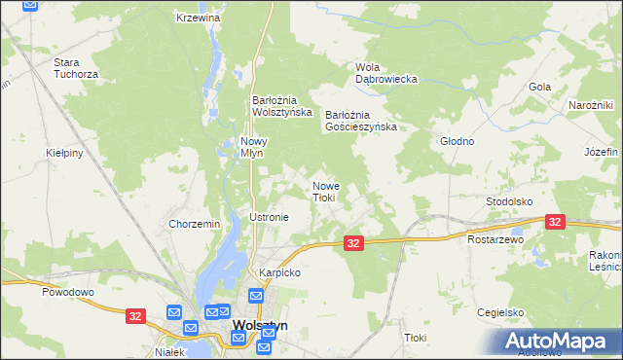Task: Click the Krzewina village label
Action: point(199,18)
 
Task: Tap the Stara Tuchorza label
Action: point(74,68)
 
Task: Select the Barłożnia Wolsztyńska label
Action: point(281,105)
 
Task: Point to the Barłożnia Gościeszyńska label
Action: point(361,120)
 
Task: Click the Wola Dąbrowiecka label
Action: point(385,73)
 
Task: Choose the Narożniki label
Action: point(590,105)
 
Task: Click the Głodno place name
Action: point(457,141)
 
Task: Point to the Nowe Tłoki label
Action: point(323,191)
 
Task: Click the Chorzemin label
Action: point(195,224)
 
